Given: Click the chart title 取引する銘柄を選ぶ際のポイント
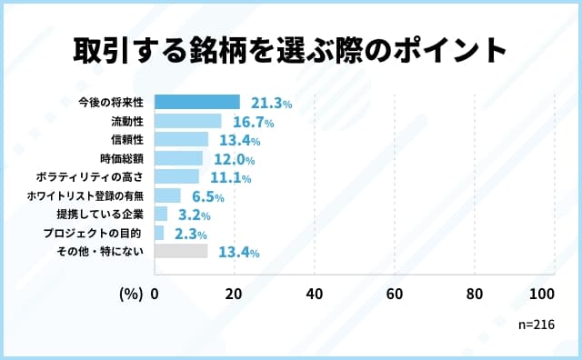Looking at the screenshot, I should click(x=290, y=50).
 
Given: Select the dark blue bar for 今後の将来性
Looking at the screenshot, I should click(x=197, y=103).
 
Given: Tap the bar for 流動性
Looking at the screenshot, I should click(x=188, y=121).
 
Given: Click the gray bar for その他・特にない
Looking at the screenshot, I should click(x=181, y=251).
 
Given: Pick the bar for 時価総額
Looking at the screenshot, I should click(x=178, y=158).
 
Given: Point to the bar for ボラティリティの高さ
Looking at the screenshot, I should click(x=176, y=176).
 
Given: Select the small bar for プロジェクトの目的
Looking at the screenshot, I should click(x=159, y=233).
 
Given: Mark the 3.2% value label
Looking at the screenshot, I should click(x=192, y=215).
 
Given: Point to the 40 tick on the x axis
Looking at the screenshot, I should click(x=315, y=294).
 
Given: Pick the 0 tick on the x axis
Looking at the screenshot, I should click(x=155, y=294).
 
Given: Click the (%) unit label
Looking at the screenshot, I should click(x=130, y=294).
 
